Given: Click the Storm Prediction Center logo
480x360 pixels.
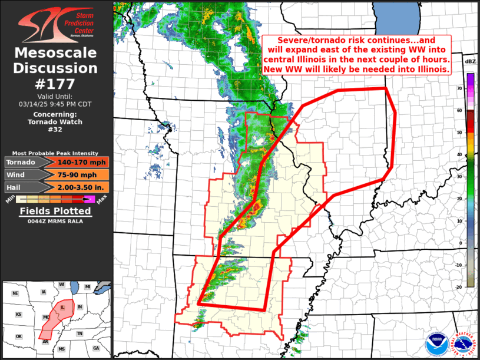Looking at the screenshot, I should pos(56,24).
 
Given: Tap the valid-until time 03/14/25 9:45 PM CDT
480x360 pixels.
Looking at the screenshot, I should pos(56,104).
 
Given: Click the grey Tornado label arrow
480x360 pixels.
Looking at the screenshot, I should pos(24,162).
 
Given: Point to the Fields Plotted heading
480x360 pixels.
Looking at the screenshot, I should pos(55,211).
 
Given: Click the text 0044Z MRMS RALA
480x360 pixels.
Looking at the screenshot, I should pos(55,221).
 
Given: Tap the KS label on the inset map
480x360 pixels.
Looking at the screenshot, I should pos(19,315).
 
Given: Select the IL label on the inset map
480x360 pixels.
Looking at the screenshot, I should pos(62,308).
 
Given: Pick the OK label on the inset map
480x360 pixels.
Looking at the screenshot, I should pos(19,336).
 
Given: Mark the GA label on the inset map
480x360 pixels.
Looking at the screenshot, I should pos(95,348).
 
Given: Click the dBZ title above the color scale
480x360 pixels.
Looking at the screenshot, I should pos(470,61).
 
